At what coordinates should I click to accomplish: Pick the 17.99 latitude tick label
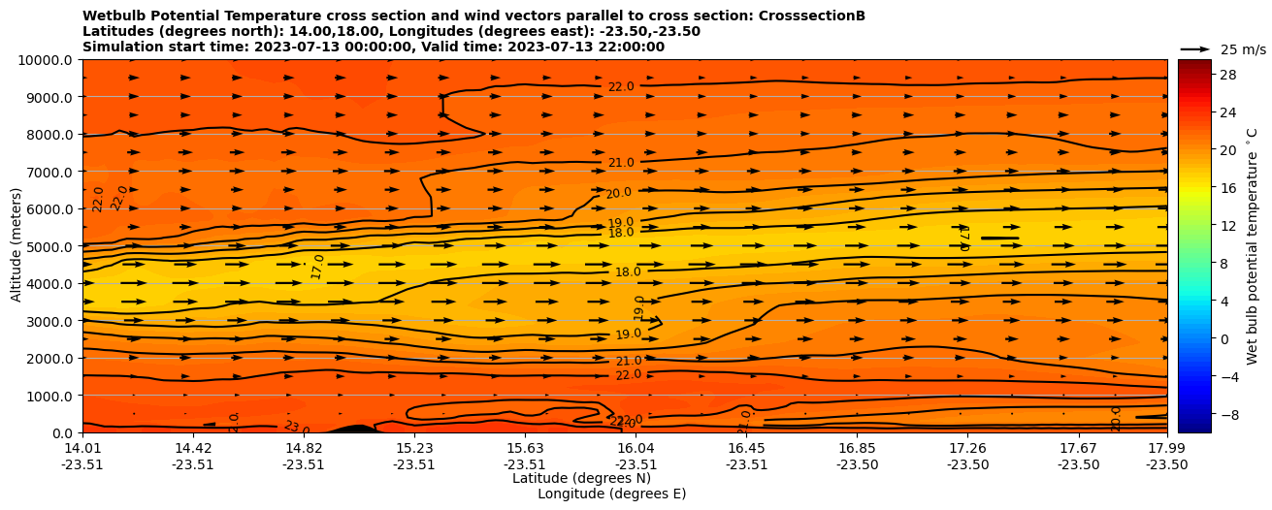(x=1166, y=448)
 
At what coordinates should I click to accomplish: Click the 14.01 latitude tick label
(x=82, y=448)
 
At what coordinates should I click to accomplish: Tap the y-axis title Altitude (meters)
(x=16, y=246)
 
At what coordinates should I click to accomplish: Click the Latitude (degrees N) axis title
(x=581, y=478)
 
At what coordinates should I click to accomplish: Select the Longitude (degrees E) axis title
(x=611, y=494)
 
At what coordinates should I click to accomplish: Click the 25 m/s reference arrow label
(x=1243, y=49)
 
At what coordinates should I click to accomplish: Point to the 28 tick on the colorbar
(x=1226, y=75)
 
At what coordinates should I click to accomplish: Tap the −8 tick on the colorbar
(x=1226, y=414)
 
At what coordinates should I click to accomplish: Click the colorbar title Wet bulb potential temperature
(x=1252, y=246)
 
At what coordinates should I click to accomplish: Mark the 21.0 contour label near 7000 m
(x=621, y=163)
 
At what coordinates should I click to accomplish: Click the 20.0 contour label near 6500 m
(x=618, y=194)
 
